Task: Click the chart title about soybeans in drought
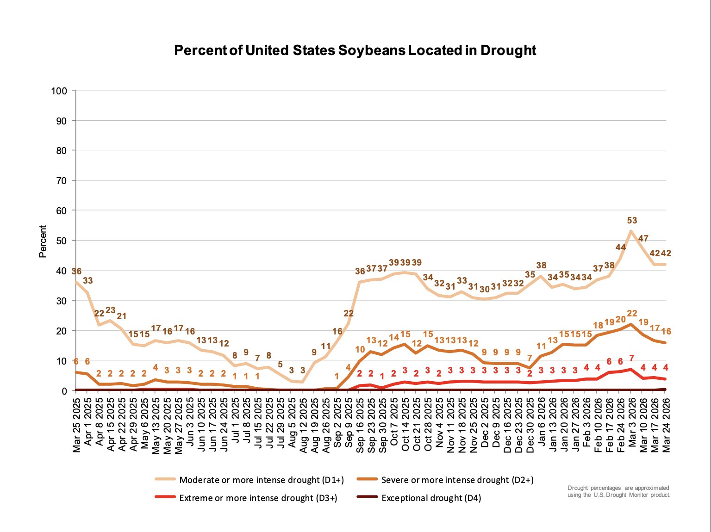point(355,50)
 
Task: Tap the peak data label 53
point(632,221)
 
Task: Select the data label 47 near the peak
point(643,239)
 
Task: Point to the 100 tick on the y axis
point(59,91)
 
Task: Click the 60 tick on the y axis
point(61,210)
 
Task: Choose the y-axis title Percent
point(43,241)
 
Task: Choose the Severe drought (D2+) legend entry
point(457,480)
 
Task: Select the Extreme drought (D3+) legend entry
point(258,498)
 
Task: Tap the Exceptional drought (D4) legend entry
point(431,498)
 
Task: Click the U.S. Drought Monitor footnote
point(618,491)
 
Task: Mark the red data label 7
point(631,359)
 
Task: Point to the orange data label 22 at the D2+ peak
point(632,314)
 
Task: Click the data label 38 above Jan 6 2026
point(541,266)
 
